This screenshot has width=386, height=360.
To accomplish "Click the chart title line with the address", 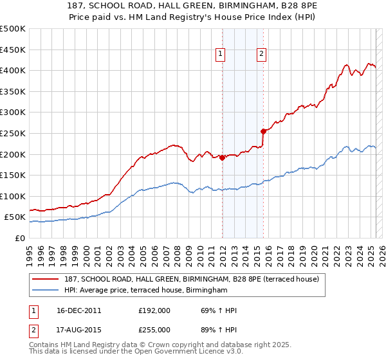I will [192, 5].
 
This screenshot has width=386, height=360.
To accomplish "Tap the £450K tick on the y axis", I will [14, 50].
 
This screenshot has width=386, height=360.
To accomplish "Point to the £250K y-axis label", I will [14, 133].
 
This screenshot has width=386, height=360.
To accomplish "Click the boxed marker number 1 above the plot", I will [221, 55].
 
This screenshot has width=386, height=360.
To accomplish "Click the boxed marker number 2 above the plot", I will [262, 55].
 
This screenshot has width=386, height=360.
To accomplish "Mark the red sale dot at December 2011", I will [223, 157].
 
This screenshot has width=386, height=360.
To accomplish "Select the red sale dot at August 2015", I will [263, 131].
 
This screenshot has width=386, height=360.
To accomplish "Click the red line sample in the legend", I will [45, 279].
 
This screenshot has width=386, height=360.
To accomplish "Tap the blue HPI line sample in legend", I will [45, 291].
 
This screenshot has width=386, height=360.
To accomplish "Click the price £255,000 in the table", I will [154, 330].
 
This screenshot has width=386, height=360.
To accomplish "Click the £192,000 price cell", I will [154, 310].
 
